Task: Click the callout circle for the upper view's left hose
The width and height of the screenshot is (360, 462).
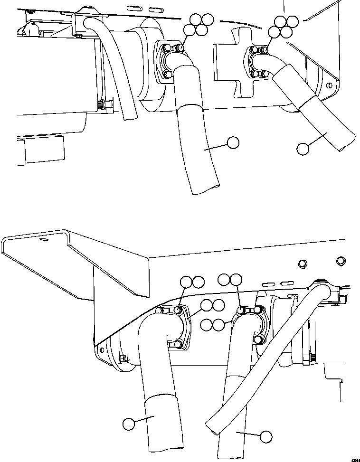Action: click(233, 142)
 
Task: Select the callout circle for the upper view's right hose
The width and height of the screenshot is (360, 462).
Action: click(302, 149)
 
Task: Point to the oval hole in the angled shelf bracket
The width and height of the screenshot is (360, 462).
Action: click(44, 241)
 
